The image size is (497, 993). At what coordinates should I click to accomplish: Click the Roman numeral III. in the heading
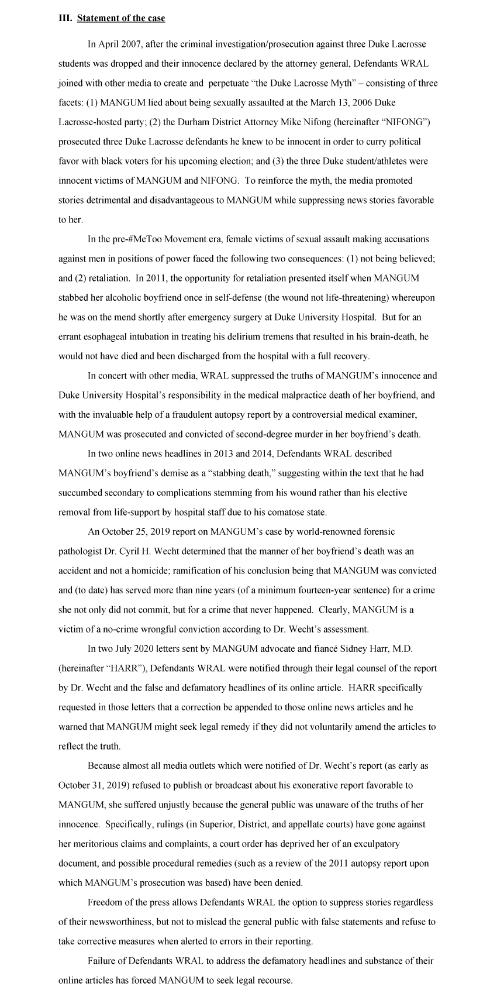tap(65, 18)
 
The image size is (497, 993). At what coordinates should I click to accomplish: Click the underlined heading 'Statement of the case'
tap(121, 18)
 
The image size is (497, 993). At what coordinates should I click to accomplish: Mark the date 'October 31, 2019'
tap(98, 785)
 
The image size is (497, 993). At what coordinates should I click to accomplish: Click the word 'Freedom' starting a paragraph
tap(105, 902)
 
